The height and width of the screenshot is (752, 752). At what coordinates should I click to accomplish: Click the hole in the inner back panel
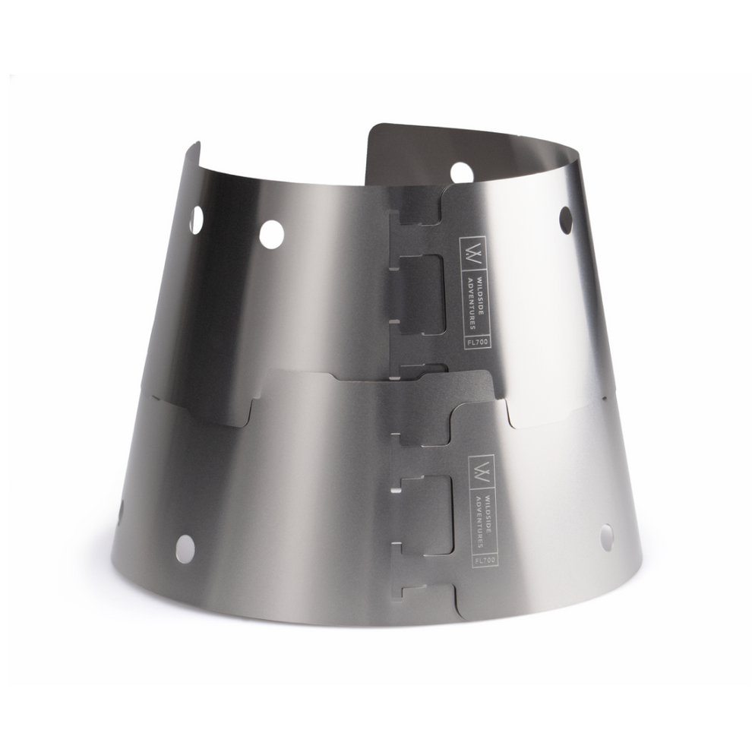(x=461, y=172)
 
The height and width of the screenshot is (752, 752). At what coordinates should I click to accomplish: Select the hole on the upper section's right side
(x=566, y=220)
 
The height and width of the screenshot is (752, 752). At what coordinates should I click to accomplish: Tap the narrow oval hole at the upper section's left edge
(x=196, y=220)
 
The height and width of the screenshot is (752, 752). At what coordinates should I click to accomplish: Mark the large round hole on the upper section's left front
(x=271, y=234)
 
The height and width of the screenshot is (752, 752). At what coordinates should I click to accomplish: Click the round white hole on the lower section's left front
(x=185, y=548)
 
